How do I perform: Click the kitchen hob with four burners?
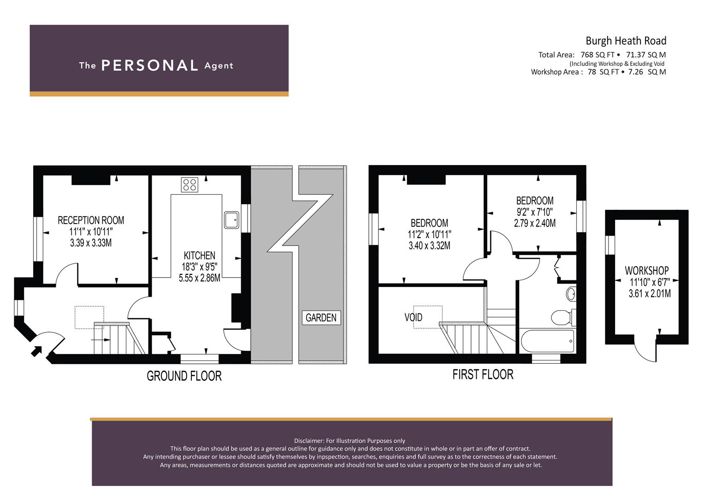point(189,184)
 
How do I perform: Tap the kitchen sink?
point(231,220)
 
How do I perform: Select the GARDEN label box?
point(321,318)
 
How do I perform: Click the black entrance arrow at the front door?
point(36,351)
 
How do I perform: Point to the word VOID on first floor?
point(413,317)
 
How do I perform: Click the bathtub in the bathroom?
point(547,341)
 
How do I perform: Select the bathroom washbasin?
point(571,294)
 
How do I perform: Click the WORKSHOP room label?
point(646,270)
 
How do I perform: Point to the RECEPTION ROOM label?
point(91,220)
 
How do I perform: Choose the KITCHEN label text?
point(199,255)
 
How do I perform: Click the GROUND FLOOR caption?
point(184,376)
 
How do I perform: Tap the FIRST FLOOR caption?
point(483,374)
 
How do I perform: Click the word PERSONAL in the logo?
point(149,65)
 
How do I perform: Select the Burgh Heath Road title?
point(626,41)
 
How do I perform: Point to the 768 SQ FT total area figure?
point(598,55)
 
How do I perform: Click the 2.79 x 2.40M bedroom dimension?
point(535,223)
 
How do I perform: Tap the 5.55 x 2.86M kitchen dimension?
point(199,278)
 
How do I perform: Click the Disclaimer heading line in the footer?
point(349,441)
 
